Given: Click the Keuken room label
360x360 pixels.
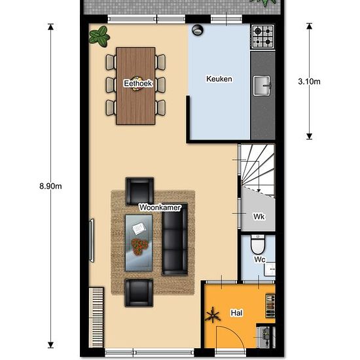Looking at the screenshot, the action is (219, 79).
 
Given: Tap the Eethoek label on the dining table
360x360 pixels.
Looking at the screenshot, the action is (137, 83).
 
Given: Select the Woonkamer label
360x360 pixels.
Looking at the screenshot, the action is (160, 207).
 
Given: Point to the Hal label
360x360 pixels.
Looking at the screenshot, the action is (236, 313).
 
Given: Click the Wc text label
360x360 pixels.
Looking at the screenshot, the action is (260, 259).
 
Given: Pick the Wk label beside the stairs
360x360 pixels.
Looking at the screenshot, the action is (259, 217).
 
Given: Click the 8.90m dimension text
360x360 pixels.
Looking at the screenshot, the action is (50, 186).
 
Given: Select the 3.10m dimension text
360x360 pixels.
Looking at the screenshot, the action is (309, 81).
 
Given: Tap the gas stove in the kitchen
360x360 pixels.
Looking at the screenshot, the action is (263, 37).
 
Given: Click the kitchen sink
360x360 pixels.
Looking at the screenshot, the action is (262, 86).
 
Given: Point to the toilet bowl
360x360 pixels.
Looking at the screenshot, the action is (258, 244).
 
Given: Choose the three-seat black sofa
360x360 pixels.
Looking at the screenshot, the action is (175, 239).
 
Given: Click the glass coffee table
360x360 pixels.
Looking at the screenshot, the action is (139, 243).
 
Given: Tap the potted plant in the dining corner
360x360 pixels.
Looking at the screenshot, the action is (99, 36).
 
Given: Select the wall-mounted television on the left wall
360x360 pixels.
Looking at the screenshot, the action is (92, 241).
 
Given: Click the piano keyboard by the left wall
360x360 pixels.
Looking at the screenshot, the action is (96, 317).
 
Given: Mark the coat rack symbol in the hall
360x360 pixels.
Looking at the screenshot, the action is (213, 315).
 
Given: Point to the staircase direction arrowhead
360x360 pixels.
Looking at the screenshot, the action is (259, 190).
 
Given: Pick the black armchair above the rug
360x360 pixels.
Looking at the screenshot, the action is (139, 191).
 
